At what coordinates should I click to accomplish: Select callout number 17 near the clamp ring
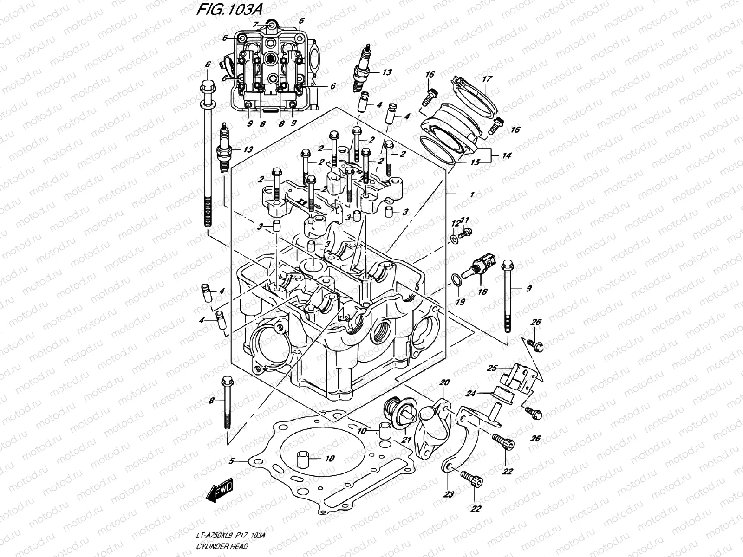(x=486, y=79)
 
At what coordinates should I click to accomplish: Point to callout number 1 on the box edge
(x=472, y=195)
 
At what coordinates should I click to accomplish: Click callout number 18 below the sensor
(x=482, y=291)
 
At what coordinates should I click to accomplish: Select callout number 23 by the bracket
(x=449, y=495)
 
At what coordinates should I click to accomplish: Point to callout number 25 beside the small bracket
(x=492, y=368)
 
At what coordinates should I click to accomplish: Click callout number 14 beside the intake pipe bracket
(x=506, y=156)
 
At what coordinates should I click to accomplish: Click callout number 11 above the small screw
(x=465, y=220)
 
